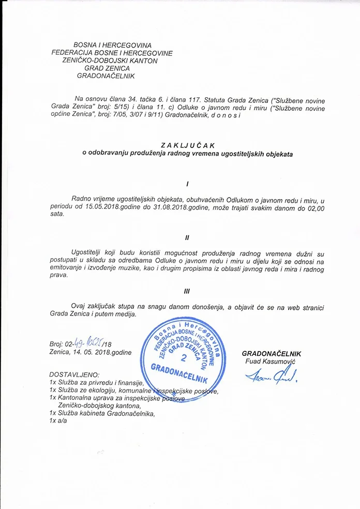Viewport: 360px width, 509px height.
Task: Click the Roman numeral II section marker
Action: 187,237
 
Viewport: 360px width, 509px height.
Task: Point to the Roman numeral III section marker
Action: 187,291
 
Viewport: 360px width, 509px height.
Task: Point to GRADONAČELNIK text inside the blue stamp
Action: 178,374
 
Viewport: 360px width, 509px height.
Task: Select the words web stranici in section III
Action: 304,307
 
